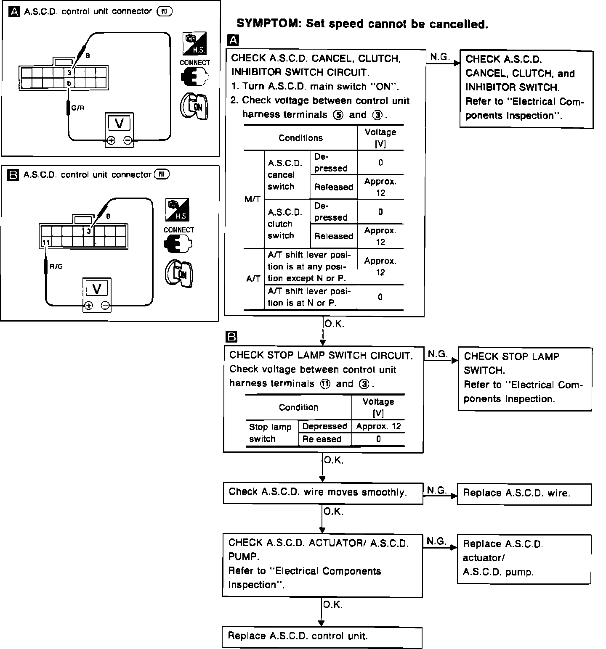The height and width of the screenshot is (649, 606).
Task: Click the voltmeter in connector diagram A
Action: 120,129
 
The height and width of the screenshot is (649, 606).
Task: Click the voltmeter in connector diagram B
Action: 97,294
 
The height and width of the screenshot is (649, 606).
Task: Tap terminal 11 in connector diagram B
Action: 46,243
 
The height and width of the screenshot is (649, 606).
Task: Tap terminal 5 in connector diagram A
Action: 69,83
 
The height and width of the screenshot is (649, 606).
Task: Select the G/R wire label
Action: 78,108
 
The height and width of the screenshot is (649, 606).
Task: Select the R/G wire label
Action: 56,266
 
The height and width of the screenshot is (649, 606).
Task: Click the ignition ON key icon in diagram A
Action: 194,106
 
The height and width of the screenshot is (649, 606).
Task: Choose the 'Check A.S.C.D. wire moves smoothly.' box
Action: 323,493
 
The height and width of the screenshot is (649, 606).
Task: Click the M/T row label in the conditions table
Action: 252,199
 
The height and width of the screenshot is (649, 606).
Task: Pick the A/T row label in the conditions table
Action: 253,279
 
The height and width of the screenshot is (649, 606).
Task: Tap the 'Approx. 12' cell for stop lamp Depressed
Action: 378,426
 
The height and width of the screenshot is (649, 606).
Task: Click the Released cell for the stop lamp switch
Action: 322,439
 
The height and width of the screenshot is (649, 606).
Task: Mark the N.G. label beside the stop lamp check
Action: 438,354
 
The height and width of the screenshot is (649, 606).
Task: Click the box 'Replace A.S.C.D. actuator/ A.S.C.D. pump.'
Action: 524,558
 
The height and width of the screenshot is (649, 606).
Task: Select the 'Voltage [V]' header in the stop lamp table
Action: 378,407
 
